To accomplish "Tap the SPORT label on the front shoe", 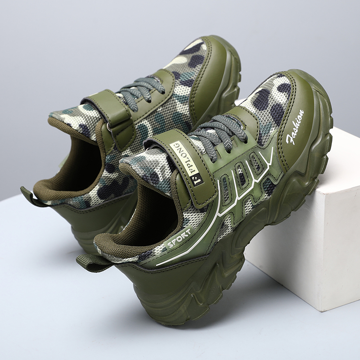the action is [179, 238].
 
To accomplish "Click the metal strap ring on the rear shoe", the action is [108, 126].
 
